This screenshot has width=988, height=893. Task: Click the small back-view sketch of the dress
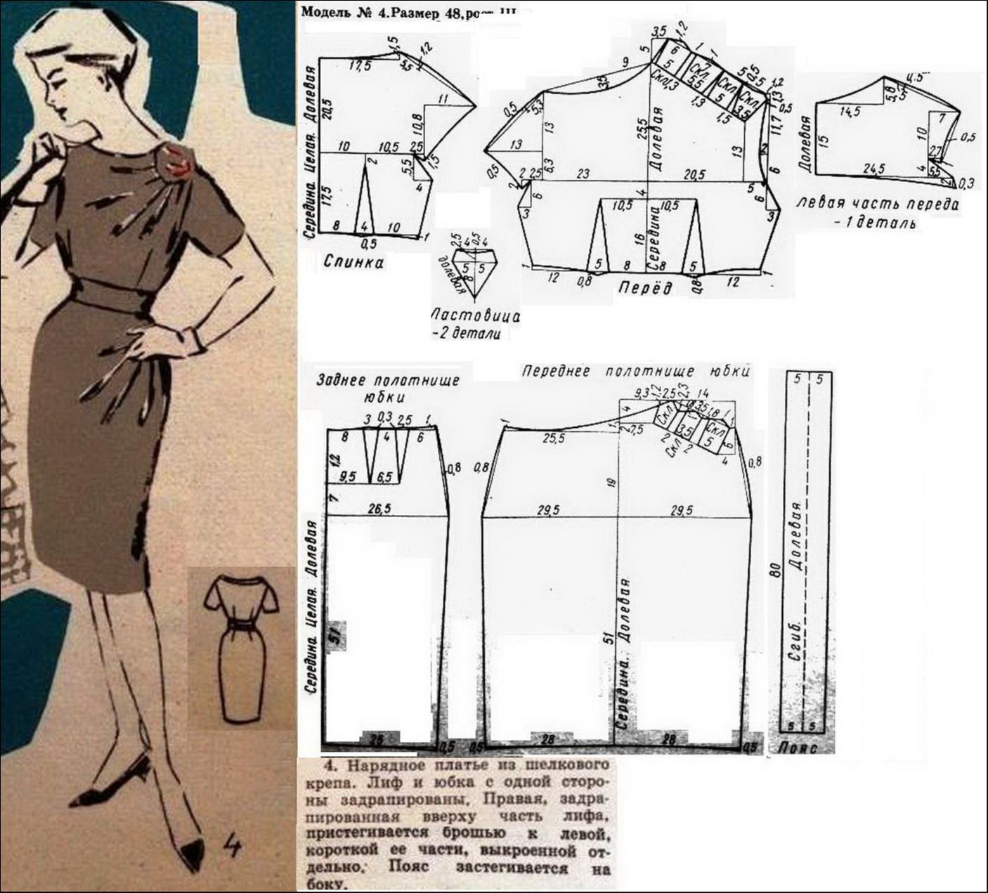[x=240, y=646]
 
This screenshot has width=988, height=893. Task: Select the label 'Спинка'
[x=353, y=262]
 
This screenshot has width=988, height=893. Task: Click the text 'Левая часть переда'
[x=878, y=204]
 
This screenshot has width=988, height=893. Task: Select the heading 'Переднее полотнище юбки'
[x=636, y=371]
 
